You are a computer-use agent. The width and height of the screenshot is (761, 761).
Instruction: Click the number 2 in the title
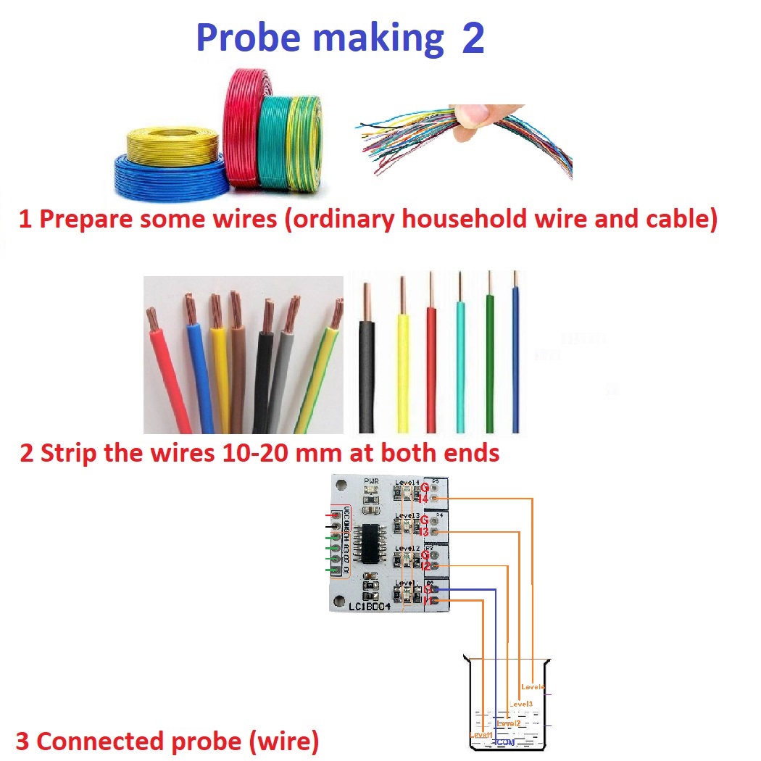[x=472, y=38]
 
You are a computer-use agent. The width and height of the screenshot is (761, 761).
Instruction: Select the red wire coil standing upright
[x=243, y=123]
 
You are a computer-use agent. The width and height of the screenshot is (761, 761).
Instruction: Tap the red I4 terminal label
[x=425, y=499]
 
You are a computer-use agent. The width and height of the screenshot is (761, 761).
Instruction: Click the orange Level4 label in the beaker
[x=533, y=686]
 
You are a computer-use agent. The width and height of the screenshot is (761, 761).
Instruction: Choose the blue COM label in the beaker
[x=506, y=743]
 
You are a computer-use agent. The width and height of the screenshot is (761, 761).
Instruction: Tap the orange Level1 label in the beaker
[x=481, y=736]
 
